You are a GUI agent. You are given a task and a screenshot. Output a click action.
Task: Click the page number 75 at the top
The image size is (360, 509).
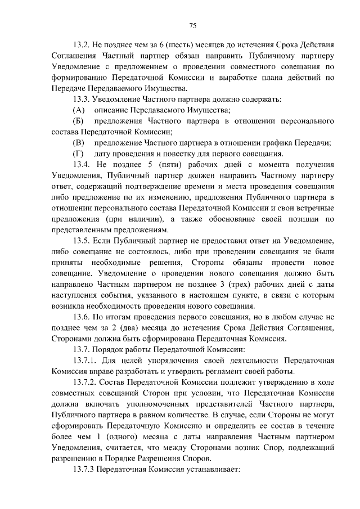(x=192, y=24)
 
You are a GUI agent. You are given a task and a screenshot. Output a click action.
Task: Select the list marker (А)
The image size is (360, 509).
(x=79, y=110)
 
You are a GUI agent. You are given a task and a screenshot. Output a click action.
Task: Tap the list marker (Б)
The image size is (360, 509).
(x=79, y=121)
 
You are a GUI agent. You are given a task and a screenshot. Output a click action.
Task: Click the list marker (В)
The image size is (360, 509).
(x=79, y=143)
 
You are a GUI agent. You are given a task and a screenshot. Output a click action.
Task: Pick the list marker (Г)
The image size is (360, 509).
(x=78, y=154)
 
